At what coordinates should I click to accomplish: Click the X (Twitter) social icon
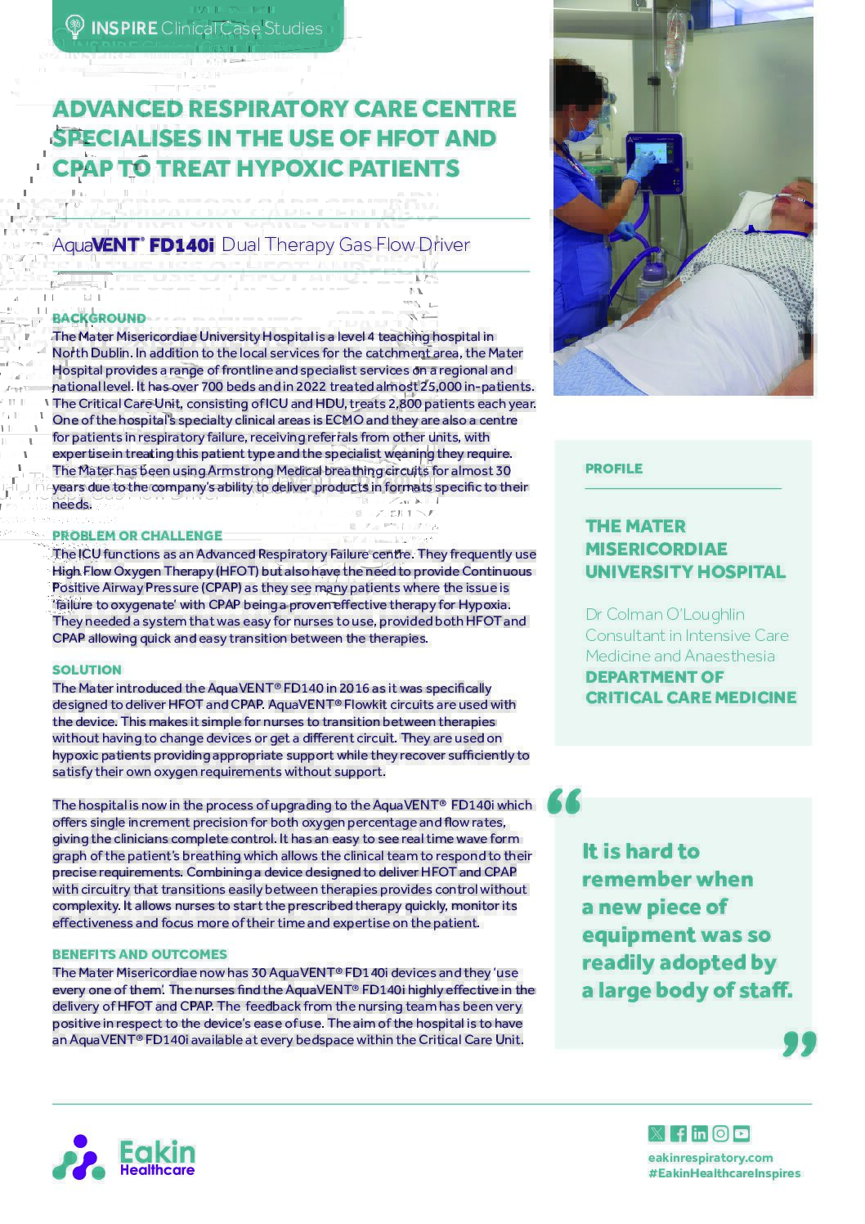[656, 1133]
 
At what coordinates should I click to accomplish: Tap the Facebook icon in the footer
[678, 1133]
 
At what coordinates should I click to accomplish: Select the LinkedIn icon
[699, 1133]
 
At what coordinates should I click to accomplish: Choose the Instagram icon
[720, 1133]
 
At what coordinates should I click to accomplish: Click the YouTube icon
[742, 1133]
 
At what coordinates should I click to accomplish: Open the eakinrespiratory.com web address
[710, 1157]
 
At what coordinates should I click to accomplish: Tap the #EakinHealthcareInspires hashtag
[724, 1173]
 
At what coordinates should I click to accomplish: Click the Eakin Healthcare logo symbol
[78, 1158]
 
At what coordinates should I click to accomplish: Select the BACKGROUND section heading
[99, 318]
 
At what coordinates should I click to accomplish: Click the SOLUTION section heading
[87, 670]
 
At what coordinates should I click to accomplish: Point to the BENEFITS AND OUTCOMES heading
[140, 954]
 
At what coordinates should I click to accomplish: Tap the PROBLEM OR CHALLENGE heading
[137, 536]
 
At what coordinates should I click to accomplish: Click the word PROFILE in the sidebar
[613, 469]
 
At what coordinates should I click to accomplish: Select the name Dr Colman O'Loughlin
[665, 614]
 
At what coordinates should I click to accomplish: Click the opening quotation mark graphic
[564, 802]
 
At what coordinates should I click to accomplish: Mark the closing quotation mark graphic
[799, 1043]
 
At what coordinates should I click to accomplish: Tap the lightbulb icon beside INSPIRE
[74, 28]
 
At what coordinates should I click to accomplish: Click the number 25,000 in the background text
[441, 387]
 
